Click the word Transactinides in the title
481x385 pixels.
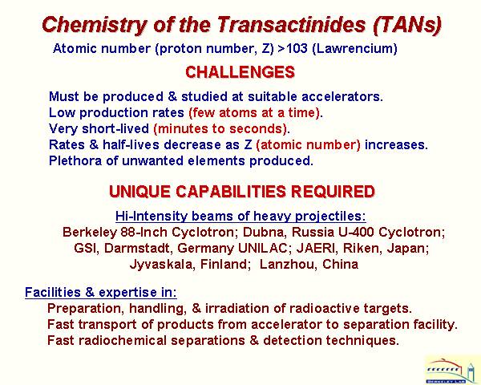pos(292,24)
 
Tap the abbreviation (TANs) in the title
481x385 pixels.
pos(407,25)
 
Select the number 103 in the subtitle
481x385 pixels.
pos(296,48)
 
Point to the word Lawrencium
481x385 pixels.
pos(354,48)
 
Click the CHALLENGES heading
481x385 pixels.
pos(240,72)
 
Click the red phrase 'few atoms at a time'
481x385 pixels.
pos(254,112)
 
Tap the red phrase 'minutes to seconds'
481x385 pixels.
pos(220,128)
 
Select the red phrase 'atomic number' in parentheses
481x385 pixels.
pos(309,144)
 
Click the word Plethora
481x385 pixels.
pos(75,160)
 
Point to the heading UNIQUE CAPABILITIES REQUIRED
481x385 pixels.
pos(242,192)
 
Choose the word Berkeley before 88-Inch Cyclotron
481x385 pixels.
pos(90,232)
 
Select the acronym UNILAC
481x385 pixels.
pos(262,248)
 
